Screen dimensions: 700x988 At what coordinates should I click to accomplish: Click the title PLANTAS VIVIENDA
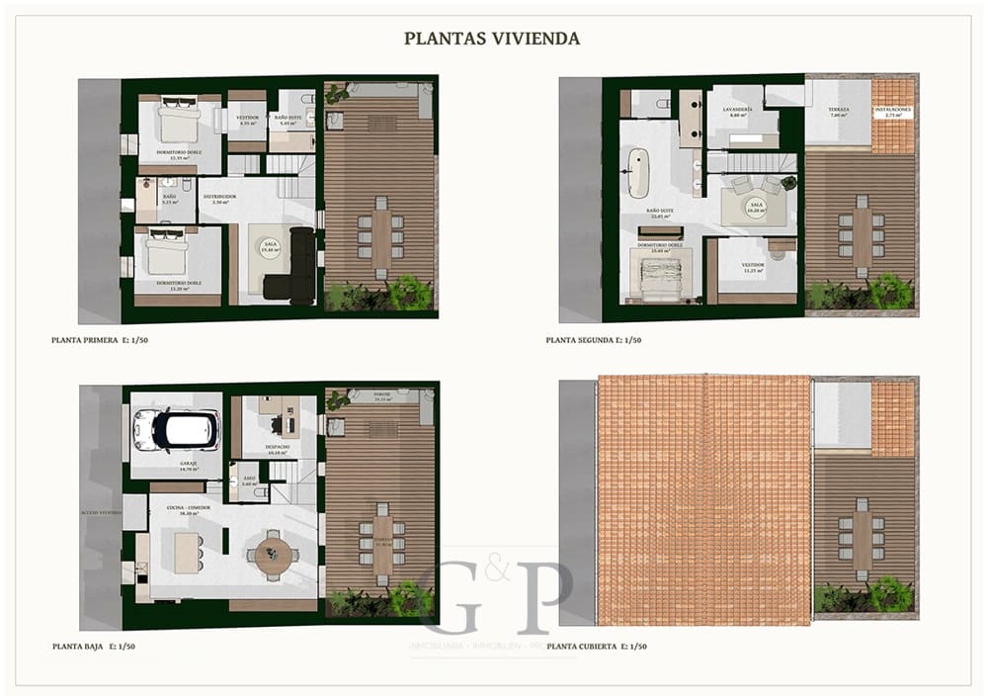[x=491, y=39]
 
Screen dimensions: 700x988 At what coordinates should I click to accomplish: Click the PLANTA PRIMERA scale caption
[x=99, y=339]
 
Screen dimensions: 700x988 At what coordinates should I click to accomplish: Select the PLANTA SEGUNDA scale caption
[x=593, y=339]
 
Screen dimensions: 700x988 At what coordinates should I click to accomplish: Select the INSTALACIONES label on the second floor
[x=892, y=111]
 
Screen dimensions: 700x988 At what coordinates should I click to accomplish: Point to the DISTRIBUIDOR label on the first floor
[x=219, y=198]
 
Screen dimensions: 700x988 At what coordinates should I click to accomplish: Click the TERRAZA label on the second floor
[x=839, y=111]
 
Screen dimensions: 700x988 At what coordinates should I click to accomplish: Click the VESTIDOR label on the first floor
[x=246, y=120]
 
